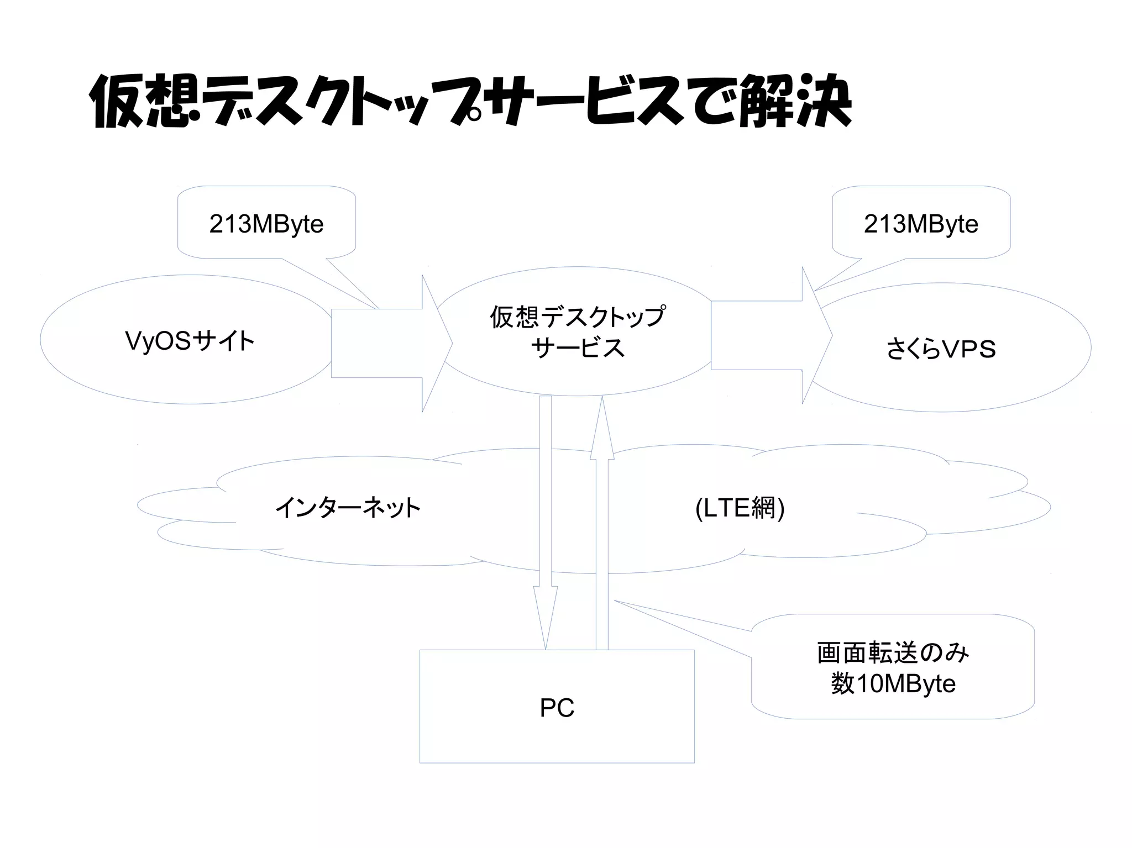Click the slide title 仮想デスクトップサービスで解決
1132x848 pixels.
pos(470,102)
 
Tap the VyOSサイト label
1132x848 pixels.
pos(190,341)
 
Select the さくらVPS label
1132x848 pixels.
pos(941,349)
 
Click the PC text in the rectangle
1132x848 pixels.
pos(557,708)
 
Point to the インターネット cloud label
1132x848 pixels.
pos(348,508)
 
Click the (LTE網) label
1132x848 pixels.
pos(740,508)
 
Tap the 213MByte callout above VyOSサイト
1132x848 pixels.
pos(266,224)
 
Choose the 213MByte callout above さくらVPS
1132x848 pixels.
pos(921,224)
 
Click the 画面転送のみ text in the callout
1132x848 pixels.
pos(893,653)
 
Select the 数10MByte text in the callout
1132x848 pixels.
pos(893,684)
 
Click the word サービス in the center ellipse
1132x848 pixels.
pos(577,348)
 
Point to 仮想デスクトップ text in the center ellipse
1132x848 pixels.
pos(577,317)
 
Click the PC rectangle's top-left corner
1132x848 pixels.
pos(420,650)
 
